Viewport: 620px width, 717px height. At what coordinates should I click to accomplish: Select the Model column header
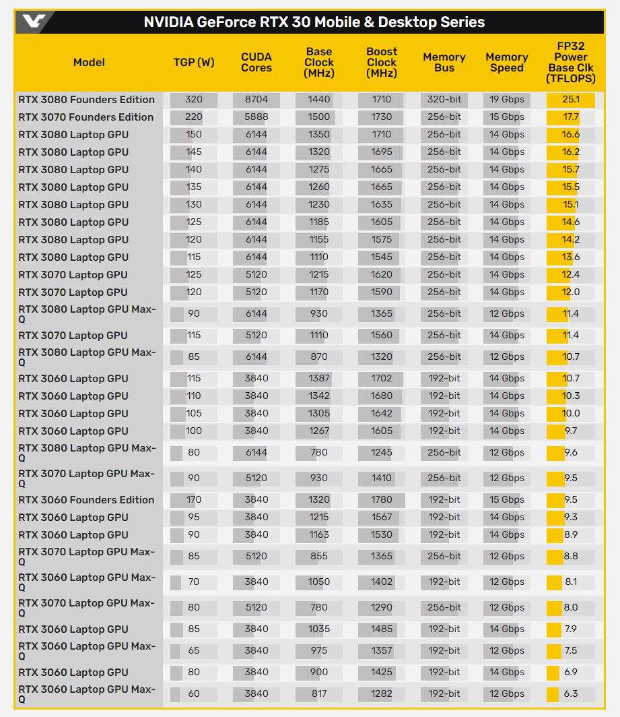(x=89, y=62)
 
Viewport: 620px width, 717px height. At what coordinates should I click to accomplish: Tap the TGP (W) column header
(x=194, y=62)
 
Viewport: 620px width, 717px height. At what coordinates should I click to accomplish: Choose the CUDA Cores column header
(x=256, y=62)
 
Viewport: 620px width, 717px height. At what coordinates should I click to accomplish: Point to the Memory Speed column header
(x=506, y=62)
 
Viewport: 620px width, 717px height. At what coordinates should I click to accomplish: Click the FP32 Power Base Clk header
(x=571, y=62)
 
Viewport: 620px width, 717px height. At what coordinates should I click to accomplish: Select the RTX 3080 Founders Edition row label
(x=86, y=100)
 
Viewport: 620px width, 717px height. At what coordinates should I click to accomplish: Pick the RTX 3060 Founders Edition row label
(x=86, y=500)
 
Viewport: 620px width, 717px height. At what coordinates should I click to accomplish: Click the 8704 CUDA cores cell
(x=256, y=100)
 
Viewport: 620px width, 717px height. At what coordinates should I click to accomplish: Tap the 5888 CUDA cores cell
(x=256, y=117)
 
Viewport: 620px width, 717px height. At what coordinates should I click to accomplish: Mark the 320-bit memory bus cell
(x=444, y=100)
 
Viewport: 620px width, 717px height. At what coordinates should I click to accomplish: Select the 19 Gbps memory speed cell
(x=507, y=100)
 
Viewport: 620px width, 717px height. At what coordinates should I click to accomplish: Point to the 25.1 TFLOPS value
(x=571, y=100)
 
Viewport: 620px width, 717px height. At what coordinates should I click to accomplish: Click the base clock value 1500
(x=319, y=117)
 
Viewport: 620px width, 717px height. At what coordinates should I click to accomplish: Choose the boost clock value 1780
(x=382, y=500)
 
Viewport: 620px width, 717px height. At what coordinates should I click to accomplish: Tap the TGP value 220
(x=194, y=117)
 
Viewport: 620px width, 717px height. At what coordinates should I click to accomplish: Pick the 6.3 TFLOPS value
(x=571, y=694)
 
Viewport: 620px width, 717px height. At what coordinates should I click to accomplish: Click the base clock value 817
(x=319, y=694)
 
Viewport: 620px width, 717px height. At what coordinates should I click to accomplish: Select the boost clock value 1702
(x=382, y=379)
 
